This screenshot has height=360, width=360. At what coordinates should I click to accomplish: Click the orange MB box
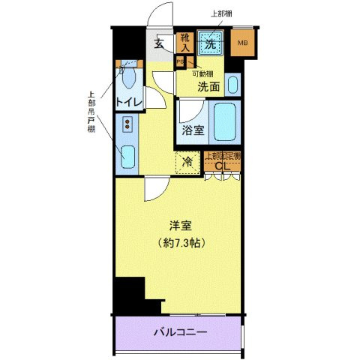click(x=242, y=42)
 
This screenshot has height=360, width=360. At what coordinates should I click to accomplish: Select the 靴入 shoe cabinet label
click(x=185, y=43)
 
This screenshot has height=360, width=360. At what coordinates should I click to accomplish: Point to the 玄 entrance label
click(x=160, y=43)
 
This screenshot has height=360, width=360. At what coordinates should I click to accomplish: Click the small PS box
click(x=181, y=62)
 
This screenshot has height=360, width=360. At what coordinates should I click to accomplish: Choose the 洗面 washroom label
click(x=208, y=87)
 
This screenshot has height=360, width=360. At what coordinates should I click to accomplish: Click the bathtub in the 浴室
click(x=224, y=121)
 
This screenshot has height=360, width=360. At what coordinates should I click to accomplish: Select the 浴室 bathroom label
click(x=192, y=130)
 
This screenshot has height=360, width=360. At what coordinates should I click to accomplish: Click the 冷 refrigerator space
click(x=188, y=160)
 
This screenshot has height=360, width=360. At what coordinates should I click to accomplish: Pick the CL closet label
click(x=221, y=166)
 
